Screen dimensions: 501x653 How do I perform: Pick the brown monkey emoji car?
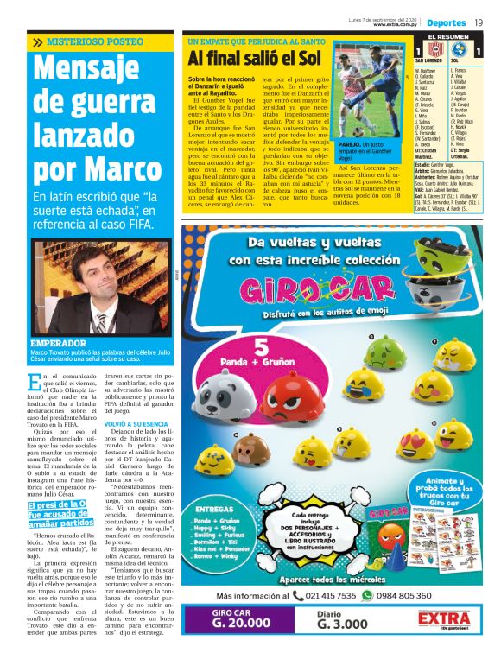pyautogui.click(x=250, y=449)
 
